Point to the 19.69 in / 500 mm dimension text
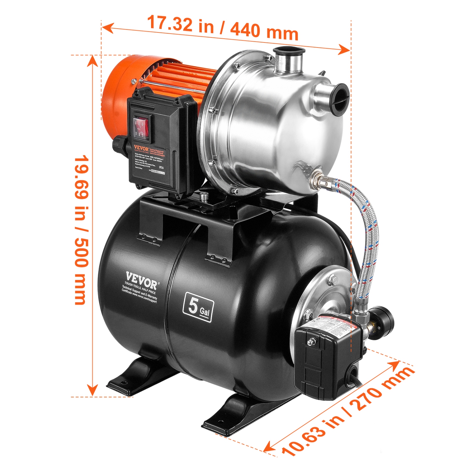click(x=81, y=230)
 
